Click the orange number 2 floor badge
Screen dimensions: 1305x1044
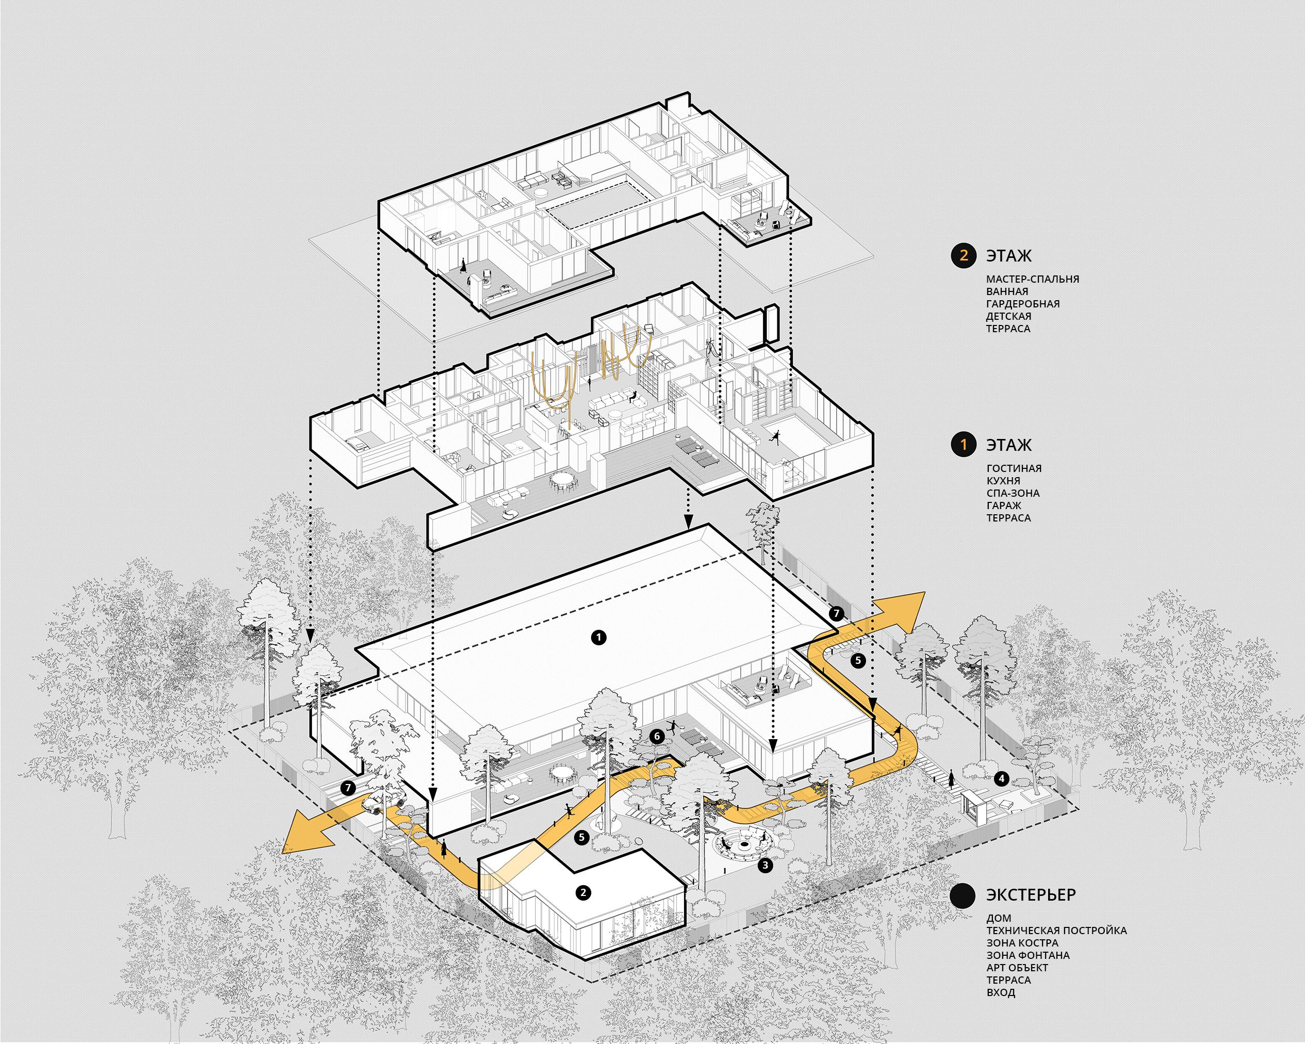[x=964, y=255]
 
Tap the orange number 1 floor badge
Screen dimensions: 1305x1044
[x=964, y=445]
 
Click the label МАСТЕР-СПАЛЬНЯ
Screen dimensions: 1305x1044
[x=1033, y=279]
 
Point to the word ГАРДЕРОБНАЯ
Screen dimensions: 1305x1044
[x=1023, y=304]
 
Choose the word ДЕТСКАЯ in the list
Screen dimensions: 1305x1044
[x=1008, y=316]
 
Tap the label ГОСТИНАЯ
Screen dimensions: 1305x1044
[x=1014, y=468]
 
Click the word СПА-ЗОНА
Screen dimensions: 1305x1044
[x=1013, y=493]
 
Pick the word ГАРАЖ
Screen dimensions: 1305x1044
[x=1004, y=505]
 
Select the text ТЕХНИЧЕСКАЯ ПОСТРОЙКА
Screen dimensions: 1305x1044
[x=1056, y=930]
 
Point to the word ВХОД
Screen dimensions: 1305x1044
[x=1001, y=992]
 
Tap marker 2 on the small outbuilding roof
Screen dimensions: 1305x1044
[x=583, y=892]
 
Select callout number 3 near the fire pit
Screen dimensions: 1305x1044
[x=765, y=866]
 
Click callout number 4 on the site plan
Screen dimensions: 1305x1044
[x=1002, y=778]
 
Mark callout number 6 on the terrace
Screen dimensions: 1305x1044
[x=657, y=736]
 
